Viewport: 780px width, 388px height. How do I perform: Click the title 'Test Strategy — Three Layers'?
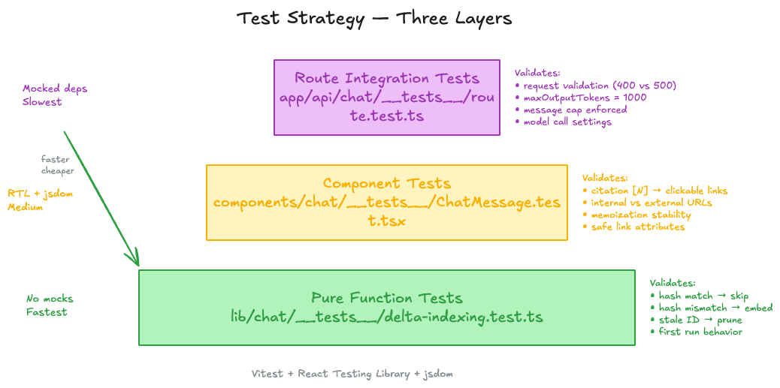pyautogui.click(x=374, y=18)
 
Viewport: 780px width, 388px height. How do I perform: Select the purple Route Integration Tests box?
pyautogui.click(x=386, y=98)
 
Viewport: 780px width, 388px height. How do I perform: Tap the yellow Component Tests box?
pyautogui.click(x=386, y=203)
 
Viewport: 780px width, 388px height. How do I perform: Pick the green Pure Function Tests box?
pyautogui.click(x=386, y=308)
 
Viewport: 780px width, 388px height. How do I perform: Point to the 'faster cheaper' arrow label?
pyautogui.click(x=57, y=165)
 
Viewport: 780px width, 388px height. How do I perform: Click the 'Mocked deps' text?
pyautogui.click(x=55, y=89)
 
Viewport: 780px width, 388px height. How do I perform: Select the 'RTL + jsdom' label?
pyautogui.click(x=40, y=194)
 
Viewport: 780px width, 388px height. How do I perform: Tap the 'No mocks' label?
pyautogui.click(x=50, y=299)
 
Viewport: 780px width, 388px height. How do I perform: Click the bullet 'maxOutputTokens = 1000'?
pyautogui.click(x=584, y=98)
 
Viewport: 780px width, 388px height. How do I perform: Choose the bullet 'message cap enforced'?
pyautogui.click(x=575, y=110)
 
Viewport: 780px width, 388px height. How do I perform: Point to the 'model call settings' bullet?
pyautogui.click(x=567, y=122)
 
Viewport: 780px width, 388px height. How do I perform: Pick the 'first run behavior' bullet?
pyautogui.click(x=700, y=332)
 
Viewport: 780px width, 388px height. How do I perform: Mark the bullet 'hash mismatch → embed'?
pyautogui.click(x=715, y=308)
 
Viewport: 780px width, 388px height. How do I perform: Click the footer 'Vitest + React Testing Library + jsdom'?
pyautogui.click(x=352, y=373)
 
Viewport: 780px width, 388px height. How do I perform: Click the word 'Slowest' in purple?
pyautogui.click(x=42, y=101)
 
